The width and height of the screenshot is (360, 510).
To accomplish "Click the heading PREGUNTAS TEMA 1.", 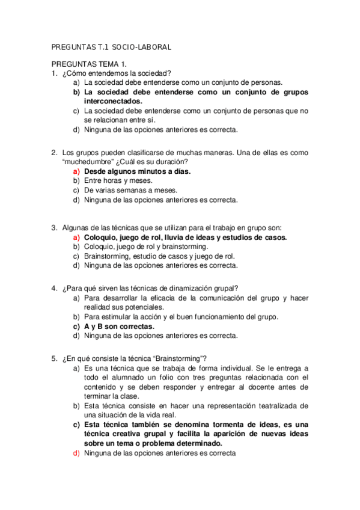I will click(89, 64).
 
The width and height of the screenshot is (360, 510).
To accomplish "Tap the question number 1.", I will click(54, 73).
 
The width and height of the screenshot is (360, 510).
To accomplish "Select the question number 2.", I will click(54, 152).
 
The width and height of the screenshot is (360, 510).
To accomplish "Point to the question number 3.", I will click(54, 227).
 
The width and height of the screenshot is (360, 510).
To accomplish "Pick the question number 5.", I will click(54, 358).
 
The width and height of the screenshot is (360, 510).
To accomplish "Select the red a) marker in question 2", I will click(76, 171).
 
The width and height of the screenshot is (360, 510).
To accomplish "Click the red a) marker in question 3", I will click(76, 237).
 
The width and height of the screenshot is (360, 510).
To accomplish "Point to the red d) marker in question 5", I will click(76, 453).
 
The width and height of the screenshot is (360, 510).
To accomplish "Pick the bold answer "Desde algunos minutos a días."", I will click(137, 171).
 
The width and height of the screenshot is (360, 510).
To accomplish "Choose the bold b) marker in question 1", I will click(76, 92).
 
